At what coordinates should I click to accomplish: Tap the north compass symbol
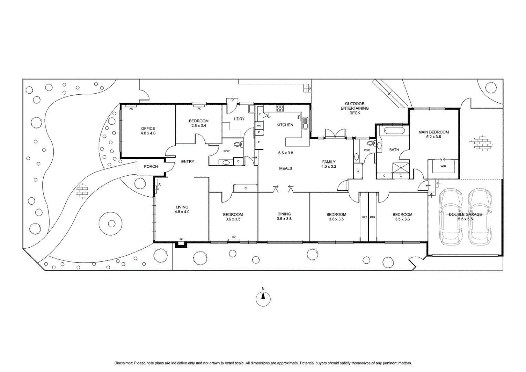click(263, 298)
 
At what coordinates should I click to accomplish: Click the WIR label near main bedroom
click(443, 166)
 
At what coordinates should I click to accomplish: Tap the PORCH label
click(151, 167)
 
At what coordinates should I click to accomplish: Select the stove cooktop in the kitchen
click(280, 108)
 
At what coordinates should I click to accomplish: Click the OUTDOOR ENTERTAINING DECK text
click(355, 108)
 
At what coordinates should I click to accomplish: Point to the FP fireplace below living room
click(181, 243)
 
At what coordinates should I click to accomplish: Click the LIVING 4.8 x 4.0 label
click(182, 209)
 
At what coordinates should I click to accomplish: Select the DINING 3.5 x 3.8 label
click(284, 216)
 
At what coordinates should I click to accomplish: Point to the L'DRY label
click(239, 119)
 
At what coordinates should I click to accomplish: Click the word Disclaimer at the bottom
click(123, 363)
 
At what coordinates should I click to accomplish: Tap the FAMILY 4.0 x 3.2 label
click(328, 164)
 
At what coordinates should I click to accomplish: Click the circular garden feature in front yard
click(111, 224)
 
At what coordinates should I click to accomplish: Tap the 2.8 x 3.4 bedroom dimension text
click(199, 126)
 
